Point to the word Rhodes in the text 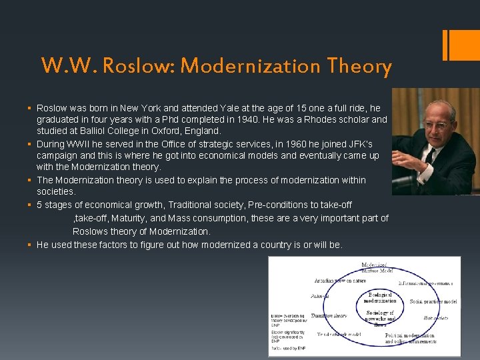325,119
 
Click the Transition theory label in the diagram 329,315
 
